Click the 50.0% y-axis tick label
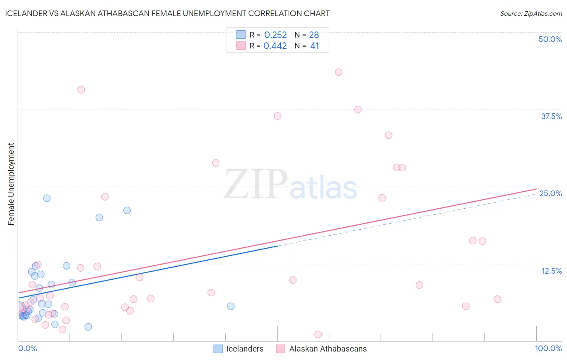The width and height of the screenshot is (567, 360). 550,39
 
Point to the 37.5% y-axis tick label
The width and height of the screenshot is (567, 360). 551,116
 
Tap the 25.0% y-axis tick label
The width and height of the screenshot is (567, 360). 550,193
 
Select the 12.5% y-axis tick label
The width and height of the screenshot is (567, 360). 551,271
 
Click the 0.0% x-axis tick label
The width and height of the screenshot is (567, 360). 27,348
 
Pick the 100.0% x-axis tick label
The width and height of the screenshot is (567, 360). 548,348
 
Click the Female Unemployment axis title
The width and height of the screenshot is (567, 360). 11,184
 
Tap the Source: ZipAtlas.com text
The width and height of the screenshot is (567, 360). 531,13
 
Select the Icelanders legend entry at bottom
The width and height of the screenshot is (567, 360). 238,349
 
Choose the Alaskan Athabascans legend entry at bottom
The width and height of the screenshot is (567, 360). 321,349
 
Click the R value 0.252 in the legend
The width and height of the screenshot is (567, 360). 275,35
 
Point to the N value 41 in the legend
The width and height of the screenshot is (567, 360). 315,46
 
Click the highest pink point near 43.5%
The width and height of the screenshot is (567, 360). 339,72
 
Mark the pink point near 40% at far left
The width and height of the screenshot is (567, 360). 81,90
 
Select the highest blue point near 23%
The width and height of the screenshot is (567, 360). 47,198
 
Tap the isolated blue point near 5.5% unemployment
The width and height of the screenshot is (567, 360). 231,306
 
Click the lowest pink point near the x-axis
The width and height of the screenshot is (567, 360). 318,335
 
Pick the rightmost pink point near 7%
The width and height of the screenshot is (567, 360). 497,299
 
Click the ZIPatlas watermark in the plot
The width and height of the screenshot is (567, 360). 290,185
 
